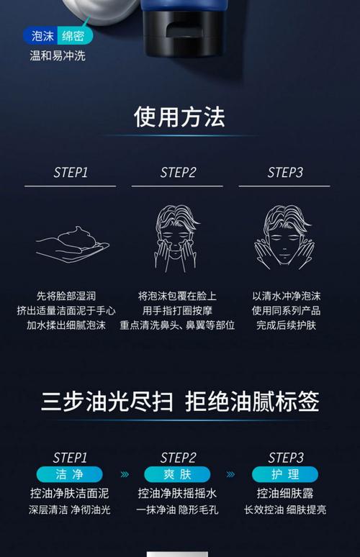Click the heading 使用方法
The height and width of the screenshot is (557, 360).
tap(179, 117)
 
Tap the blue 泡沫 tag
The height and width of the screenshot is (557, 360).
tap(41, 36)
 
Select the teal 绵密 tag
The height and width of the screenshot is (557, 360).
tap(75, 36)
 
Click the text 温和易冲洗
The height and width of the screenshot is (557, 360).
tap(58, 55)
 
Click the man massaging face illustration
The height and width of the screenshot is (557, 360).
tap(176, 239)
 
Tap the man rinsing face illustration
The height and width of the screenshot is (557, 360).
tap(284, 237)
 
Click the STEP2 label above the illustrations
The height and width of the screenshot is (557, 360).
tap(178, 173)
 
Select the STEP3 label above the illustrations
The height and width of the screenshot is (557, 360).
tap(285, 173)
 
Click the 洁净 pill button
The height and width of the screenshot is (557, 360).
tap(69, 474)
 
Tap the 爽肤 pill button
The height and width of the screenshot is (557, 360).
tap(177, 474)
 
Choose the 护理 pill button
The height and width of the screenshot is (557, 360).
tap(285, 474)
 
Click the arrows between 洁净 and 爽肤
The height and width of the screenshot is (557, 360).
tap(125, 474)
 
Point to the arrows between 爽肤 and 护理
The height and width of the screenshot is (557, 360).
tap(230, 474)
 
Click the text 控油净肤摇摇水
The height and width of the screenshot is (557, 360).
tap(177, 494)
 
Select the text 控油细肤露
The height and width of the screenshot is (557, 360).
tap(285, 494)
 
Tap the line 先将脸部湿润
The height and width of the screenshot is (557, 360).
tap(66, 296)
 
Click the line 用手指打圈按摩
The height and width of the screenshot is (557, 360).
tap(177, 310)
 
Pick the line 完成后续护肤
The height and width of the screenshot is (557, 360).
tap(286, 325)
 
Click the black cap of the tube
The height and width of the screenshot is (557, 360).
tap(184, 35)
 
